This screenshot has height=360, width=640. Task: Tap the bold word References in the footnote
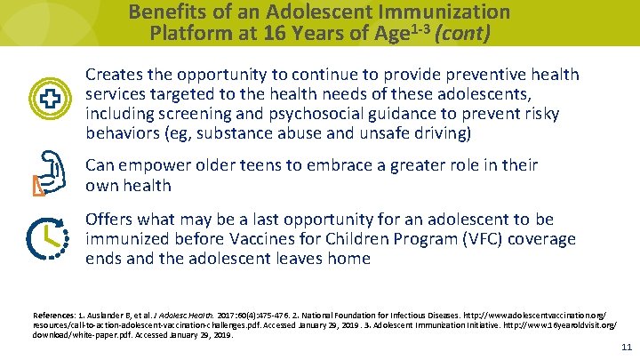tap(54, 316)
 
